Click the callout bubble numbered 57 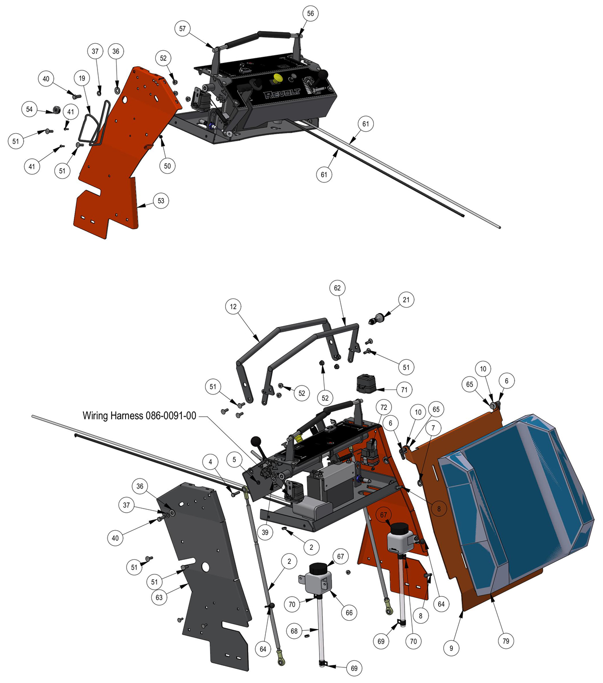(x=182, y=29)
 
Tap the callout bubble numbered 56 (x=310, y=14)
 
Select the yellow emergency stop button (x=278, y=78)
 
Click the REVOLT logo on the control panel (x=282, y=94)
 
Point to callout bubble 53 (x=161, y=201)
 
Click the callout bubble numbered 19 (x=82, y=78)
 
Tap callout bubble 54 (x=29, y=109)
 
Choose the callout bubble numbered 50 (x=167, y=166)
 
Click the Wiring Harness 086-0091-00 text (x=139, y=416)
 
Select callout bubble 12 (x=233, y=307)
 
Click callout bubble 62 (x=337, y=288)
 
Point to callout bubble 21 (x=406, y=300)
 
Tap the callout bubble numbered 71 (x=404, y=390)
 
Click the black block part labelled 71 (x=366, y=383)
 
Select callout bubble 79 (x=506, y=641)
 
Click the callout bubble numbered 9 (x=451, y=648)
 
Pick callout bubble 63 (x=159, y=598)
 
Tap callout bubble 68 (x=294, y=631)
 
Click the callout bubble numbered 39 (x=265, y=532)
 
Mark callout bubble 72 (x=383, y=407)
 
